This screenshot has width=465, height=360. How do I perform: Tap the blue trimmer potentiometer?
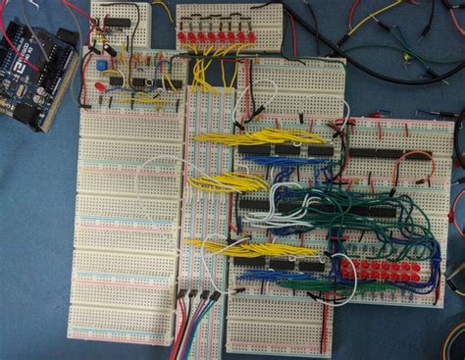[102, 65]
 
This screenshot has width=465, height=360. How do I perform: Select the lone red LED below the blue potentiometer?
[100, 86]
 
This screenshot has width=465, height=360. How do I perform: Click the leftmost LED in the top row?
[183, 37]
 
